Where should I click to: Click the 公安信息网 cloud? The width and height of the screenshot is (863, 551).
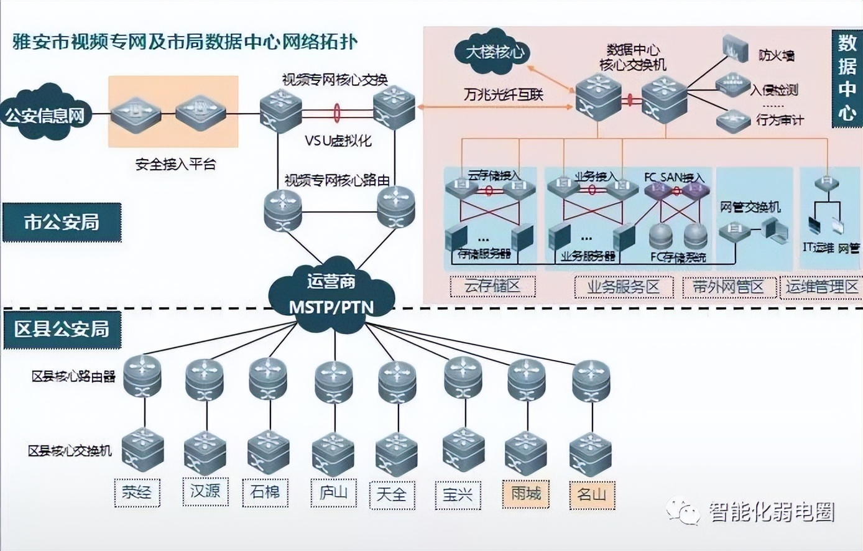point(45,115)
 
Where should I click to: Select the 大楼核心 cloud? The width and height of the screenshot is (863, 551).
point(494,52)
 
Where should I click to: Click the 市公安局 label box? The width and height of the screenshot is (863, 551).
point(62,222)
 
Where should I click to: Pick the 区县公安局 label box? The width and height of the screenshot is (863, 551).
point(62,328)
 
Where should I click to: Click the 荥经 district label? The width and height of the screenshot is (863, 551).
point(137,493)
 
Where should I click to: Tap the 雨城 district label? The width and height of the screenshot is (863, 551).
point(526,494)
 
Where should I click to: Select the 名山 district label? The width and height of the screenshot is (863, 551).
point(591,494)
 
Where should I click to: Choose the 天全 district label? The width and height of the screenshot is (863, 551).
point(392,494)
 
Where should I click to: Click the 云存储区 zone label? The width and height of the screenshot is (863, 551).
point(492,287)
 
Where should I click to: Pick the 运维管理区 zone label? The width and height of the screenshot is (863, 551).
point(821,287)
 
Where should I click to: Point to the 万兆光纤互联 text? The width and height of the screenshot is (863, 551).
point(503,95)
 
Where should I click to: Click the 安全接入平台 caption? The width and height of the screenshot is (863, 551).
point(175,165)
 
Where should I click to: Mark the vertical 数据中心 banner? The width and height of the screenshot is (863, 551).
point(847,78)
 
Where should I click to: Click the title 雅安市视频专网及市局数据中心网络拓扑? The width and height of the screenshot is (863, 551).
point(185,42)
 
